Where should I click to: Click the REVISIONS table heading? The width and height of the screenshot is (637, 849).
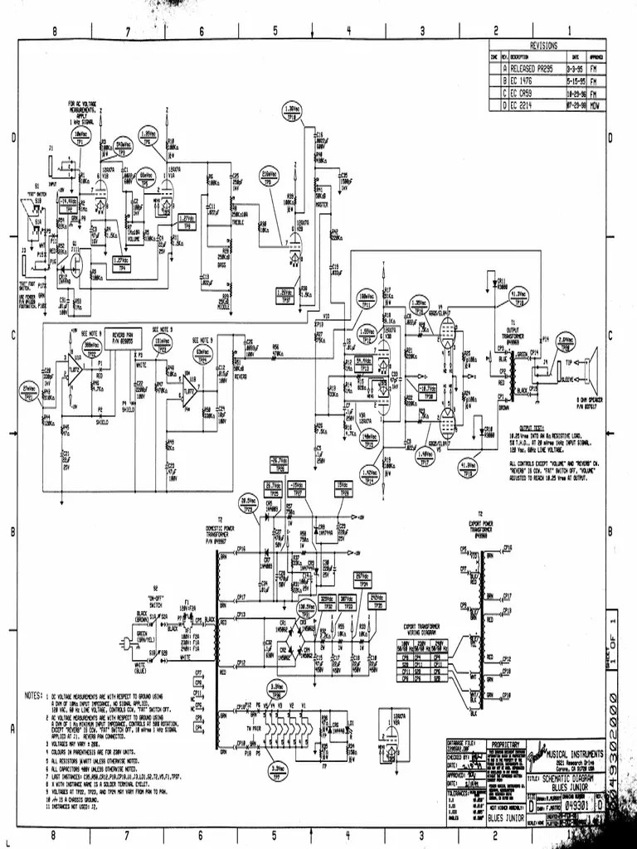543,46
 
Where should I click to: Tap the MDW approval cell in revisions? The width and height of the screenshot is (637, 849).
593,105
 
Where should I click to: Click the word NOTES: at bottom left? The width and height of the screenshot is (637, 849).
34,689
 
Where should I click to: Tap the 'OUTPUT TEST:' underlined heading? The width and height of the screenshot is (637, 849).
522,428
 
